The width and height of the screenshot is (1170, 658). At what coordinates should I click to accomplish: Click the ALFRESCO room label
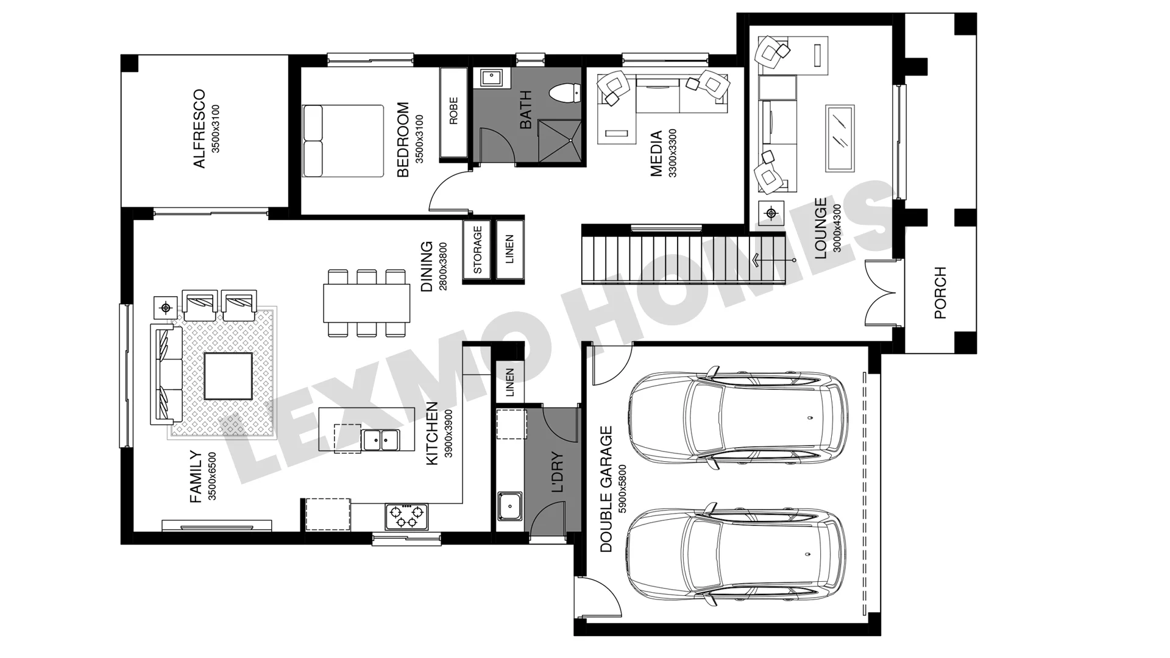point(199,129)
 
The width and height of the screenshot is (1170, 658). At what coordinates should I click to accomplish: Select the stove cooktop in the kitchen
point(406,517)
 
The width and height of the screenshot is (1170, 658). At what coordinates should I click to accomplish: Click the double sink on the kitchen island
point(381,439)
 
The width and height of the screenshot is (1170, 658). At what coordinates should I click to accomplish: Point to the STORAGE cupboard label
point(477,250)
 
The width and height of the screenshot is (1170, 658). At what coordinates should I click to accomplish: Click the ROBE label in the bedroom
point(453,111)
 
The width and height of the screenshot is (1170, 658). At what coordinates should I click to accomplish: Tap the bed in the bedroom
point(343,141)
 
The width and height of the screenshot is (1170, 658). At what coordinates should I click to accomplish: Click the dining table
point(366,303)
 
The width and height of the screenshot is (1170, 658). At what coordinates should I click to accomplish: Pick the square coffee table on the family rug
point(228,376)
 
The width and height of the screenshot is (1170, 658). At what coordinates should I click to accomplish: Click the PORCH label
point(940,292)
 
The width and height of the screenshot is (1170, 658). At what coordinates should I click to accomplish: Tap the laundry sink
point(509,506)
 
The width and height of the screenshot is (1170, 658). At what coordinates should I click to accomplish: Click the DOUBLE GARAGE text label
point(606,489)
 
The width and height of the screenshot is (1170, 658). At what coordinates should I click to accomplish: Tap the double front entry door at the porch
point(882,292)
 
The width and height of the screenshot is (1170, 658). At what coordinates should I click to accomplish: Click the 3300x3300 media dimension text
point(672,153)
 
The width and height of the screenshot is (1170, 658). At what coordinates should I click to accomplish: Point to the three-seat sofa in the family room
point(166,374)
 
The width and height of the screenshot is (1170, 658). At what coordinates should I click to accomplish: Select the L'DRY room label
point(557,473)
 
